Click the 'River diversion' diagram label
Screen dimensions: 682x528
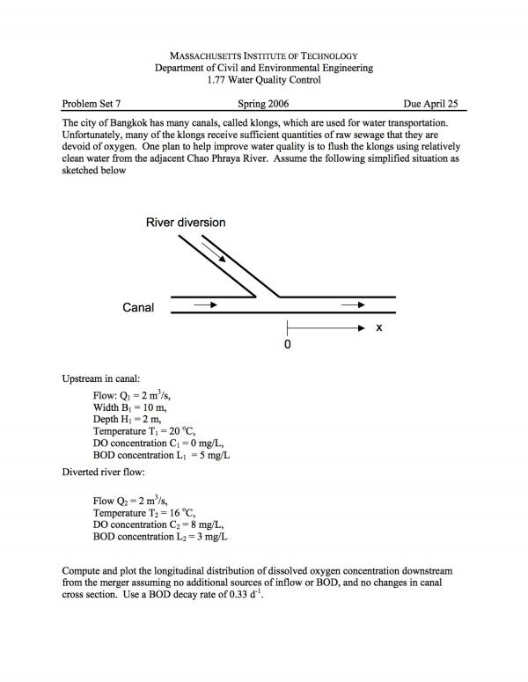click(x=185, y=223)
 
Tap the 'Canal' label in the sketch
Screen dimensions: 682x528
click(x=139, y=307)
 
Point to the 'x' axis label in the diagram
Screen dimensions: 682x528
click(x=378, y=327)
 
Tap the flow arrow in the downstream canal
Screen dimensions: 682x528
click(x=353, y=305)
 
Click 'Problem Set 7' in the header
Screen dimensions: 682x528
click(x=92, y=103)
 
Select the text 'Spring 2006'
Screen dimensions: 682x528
click(x=263, y=103)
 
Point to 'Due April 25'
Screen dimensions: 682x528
click(x=431, y=103)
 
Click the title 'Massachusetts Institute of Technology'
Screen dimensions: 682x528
click(x=264, y=55)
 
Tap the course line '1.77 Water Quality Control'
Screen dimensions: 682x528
click(x=264, y=80)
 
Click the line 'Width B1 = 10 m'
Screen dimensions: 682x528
click(x=130, y=407)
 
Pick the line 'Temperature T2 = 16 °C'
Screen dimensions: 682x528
click(x=144, y=512)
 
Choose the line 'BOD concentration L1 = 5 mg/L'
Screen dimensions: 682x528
click(x=162, y=455)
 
